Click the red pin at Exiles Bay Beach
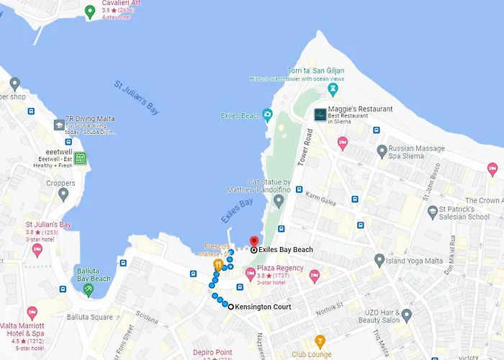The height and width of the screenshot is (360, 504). click(x=253, y=241)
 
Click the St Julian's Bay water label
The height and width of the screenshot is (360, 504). click(x=136, y=97)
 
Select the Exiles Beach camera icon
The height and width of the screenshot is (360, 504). click(x=268, y=114)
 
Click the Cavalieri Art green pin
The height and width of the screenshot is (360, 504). click(x=90, y=11)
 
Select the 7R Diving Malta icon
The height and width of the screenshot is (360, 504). click(x=58, y=125)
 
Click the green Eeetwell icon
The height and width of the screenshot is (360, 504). click(x=81, y=158)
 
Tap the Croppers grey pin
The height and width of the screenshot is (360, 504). click(x=63, y=193)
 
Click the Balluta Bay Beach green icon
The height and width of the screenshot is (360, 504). click(x=88, y=289)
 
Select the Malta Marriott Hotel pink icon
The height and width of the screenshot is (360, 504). click(x=32, y=313)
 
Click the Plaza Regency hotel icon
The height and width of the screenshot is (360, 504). click(x=251, y=274)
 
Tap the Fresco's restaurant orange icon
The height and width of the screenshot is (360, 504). click(x=217, y=265)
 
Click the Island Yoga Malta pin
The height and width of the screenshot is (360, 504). click(x=379, y=260)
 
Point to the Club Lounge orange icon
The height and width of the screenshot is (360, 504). click(x=320, y=342)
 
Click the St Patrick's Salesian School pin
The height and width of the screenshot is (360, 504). click(x=433, y=212)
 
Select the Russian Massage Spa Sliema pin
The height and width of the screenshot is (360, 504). click(x=382, y=150)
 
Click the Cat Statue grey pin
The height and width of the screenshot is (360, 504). click(x=279, y=199)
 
